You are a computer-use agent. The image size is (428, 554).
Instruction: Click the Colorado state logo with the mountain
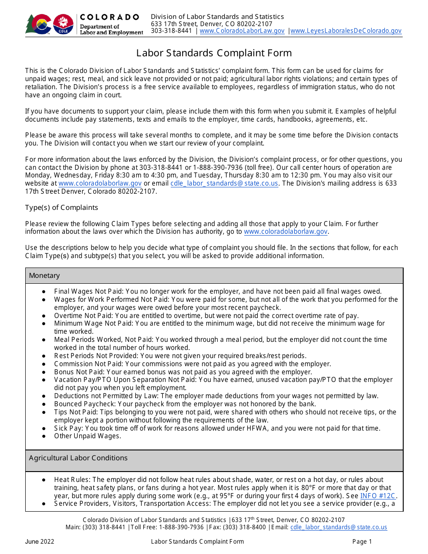pyautogui.click(x=39, y=24)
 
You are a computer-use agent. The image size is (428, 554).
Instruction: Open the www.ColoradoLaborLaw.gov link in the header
pyautogui.click(x=242, y=31)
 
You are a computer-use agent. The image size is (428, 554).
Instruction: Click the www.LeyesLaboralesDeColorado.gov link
pyautogui.click(x=346, y=31)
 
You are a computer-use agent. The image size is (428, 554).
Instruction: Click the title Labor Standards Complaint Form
pyautogui.click(x=214, y=53)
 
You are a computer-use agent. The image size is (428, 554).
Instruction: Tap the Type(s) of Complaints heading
pyautogui.click(x=61, y=208)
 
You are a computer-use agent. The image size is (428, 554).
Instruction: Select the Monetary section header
pyautogui.click(x=44, y=276)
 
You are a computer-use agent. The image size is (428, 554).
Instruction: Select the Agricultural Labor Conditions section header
pyautogui.click(x=78, y=458)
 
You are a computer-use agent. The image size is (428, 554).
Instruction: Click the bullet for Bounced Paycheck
pyautogui.click(x=44, y=404)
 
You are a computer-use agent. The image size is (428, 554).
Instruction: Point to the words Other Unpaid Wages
pyautogui.click(x=87, y=436)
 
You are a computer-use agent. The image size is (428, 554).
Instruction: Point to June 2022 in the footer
pyautogui.click(x=39, y=541)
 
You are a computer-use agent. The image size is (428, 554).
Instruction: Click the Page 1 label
pyautogui.click(x=362, y=541)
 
